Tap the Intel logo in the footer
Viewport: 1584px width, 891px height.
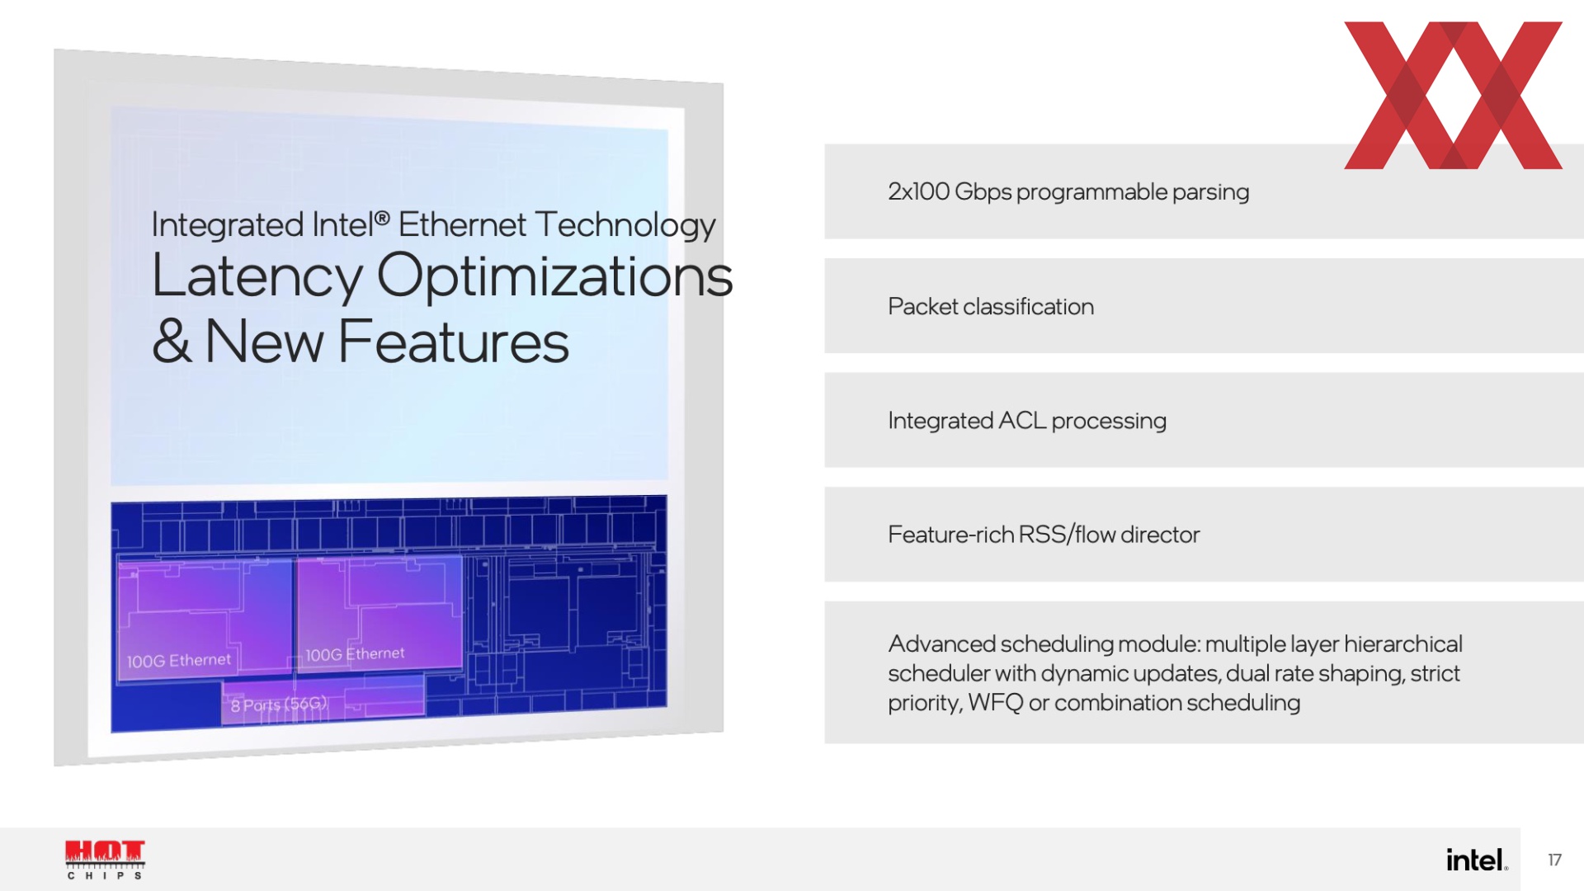(x=1477, y=860)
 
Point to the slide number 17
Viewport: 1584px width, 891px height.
(x=1554, y=860)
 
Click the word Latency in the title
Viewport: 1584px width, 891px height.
(x=257, y=277)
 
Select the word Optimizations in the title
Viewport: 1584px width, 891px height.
(x=555, y=277)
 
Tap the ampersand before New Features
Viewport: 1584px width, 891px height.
(x=172, y=341)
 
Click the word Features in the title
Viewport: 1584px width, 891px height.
(x=454, y=342)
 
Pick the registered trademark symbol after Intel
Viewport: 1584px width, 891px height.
(x=382, y=219)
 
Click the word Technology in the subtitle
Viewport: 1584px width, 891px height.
(x=625, y=226)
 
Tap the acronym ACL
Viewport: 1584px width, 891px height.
(x=1022, y=421)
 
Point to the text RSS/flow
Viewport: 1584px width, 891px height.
(x=1068, y=535)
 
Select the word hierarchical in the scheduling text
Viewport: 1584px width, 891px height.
(x=1403, y=643)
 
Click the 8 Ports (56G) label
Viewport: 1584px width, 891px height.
(x=280, y=705)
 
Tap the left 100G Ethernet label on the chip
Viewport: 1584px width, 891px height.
(x=179, y=661)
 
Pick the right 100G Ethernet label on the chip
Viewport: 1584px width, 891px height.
(x=355, y=654)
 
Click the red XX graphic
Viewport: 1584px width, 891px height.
(x=1454, y=95)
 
